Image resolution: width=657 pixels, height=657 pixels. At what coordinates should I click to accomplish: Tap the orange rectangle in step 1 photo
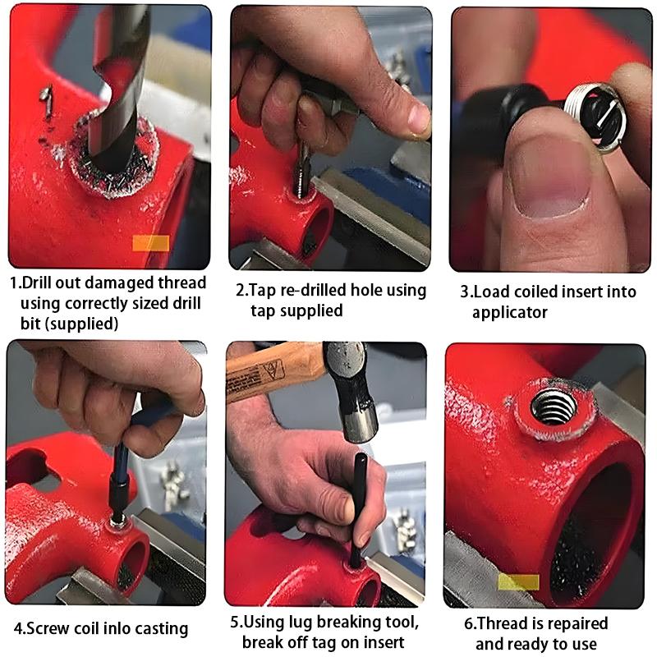150,243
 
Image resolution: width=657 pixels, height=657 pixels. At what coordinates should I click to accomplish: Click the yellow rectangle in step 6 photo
518,582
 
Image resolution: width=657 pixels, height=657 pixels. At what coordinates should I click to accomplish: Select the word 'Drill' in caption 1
39,284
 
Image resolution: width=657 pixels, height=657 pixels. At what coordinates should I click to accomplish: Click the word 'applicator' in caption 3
509,312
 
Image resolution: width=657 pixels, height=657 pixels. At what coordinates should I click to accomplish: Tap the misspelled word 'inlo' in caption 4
98,629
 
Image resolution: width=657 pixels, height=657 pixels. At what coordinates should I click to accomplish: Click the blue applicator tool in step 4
131,460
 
